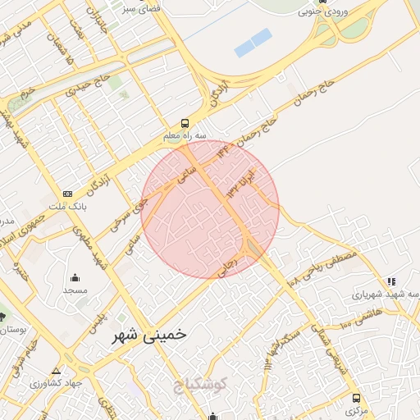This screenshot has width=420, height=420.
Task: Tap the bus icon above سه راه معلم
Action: [x=185, y=120]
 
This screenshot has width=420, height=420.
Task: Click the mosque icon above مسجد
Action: [x=75, y=276]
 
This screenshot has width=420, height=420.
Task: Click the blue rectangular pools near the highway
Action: [x=253, y=42]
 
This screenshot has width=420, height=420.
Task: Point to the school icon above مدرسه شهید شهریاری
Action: [x=391, y=281]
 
